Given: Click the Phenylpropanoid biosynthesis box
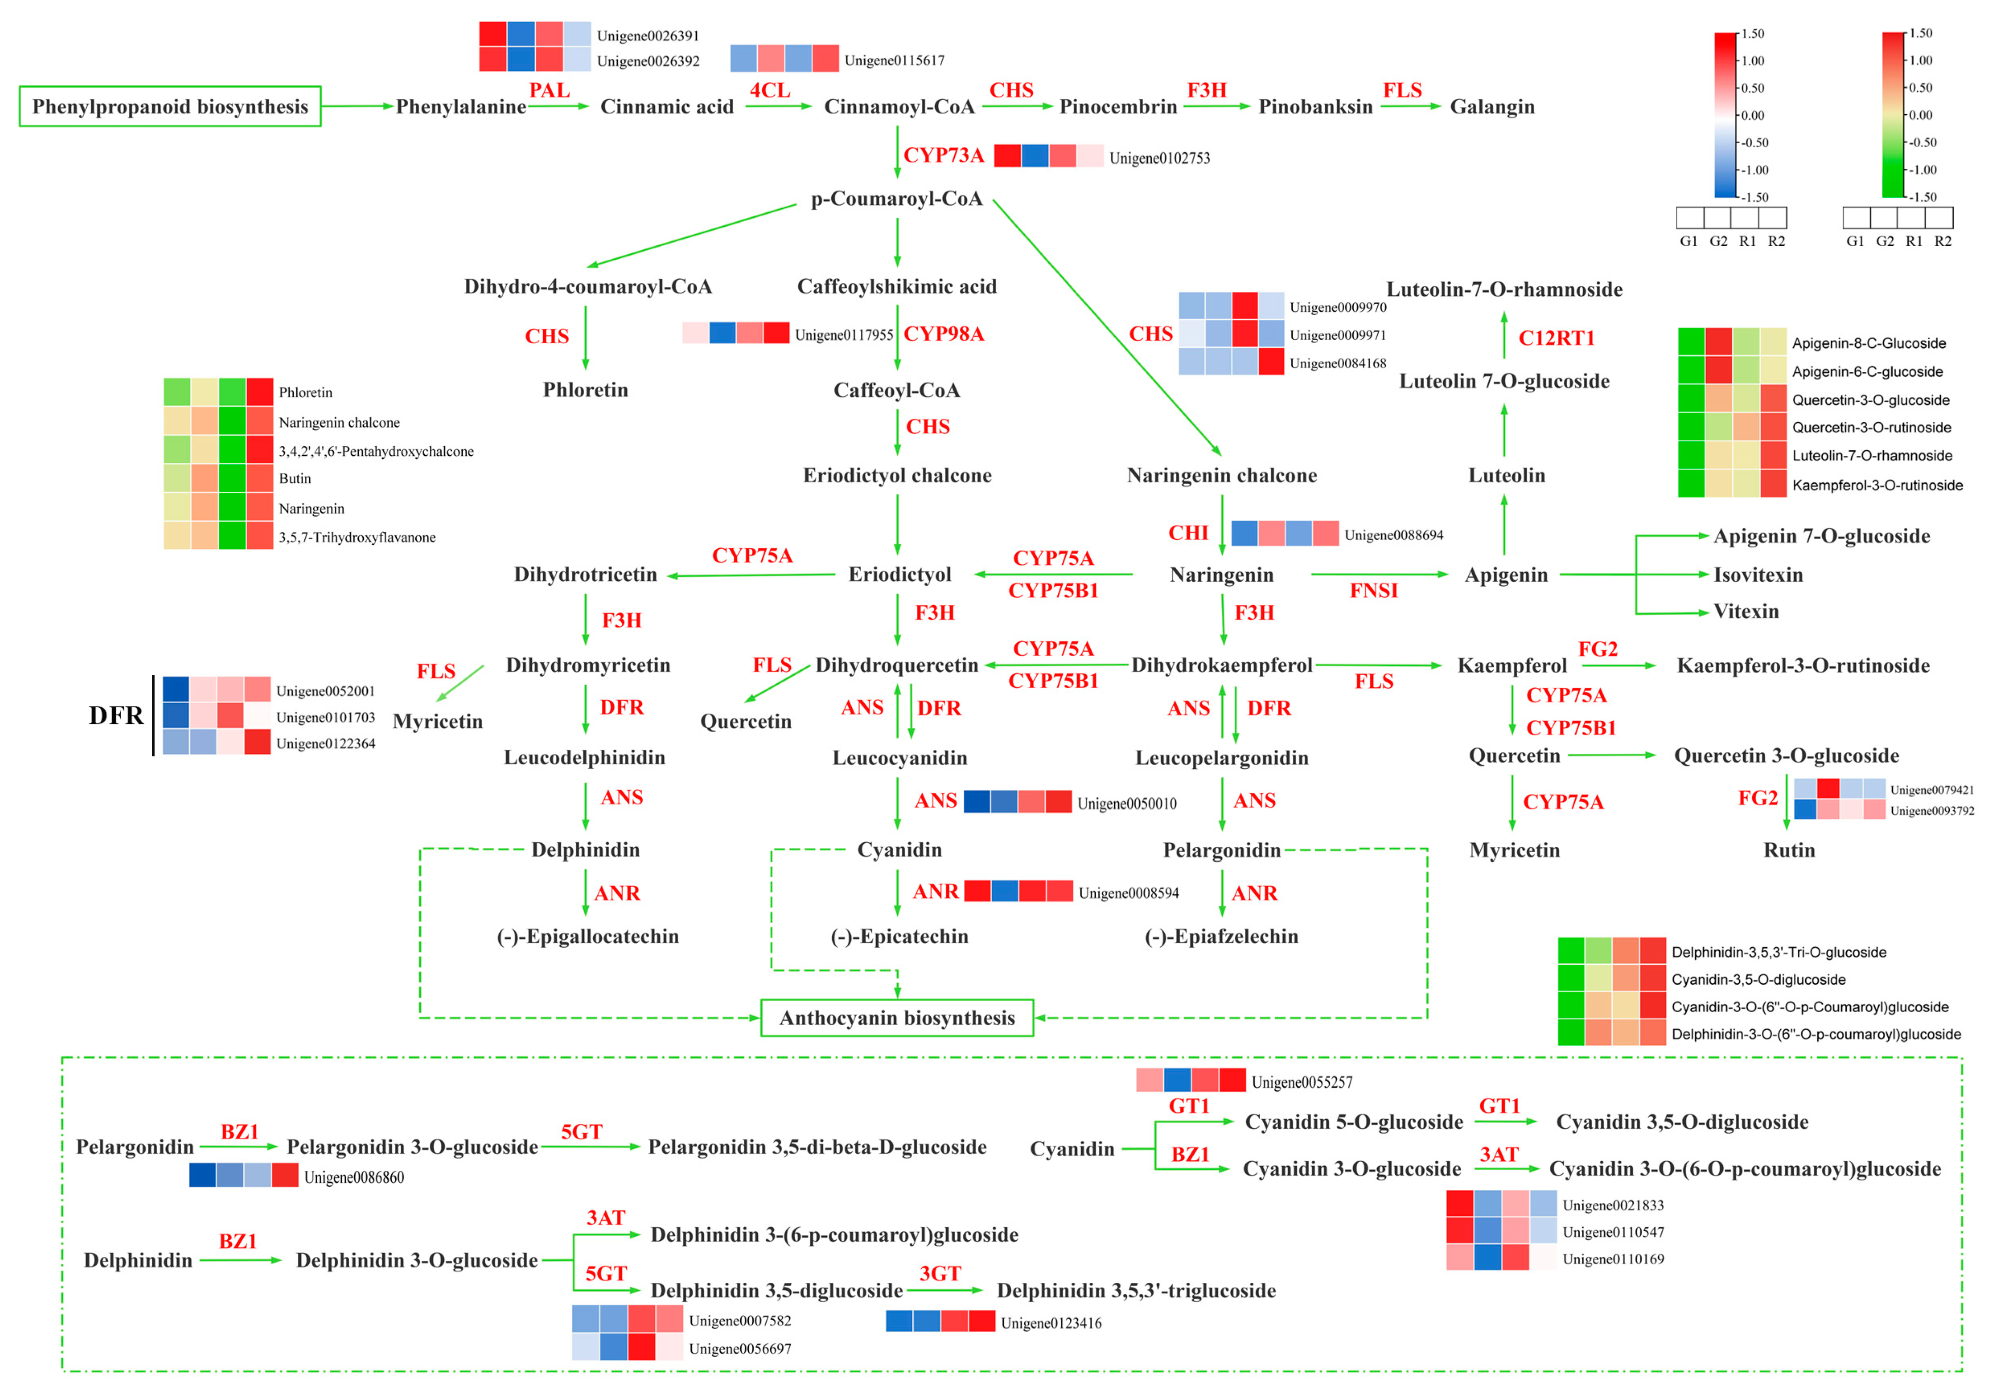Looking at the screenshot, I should [x=170, y=107].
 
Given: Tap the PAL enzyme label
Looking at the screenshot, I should [x=549, y=90].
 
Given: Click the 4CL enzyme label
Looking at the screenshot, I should [x=769, y=90].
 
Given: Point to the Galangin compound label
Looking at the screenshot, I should [x=1492, y=107].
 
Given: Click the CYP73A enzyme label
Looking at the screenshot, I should [x=943, y=155].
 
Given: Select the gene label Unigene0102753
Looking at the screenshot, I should [x=1159, y=158].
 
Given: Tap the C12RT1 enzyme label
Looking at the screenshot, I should [x=1556, y=338].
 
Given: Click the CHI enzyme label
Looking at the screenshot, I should [x=1188, y=533].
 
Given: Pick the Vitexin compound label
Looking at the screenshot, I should [x=1745, y=612].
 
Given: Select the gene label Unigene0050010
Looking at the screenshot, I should [x=1126, y=804].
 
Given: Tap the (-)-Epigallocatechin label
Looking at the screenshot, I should [x=587, y=936].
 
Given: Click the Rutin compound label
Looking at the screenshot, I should [x=1789, y=850].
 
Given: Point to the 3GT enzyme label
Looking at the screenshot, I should [x=940, y=1273].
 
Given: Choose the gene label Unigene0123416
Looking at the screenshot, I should [x=1051, y=1322].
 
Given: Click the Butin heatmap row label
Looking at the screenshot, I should [x=295, y=478].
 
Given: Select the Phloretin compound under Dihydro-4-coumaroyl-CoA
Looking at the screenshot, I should [x=586, y=390].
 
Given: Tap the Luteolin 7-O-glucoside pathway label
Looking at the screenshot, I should [x=1504, y=381].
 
